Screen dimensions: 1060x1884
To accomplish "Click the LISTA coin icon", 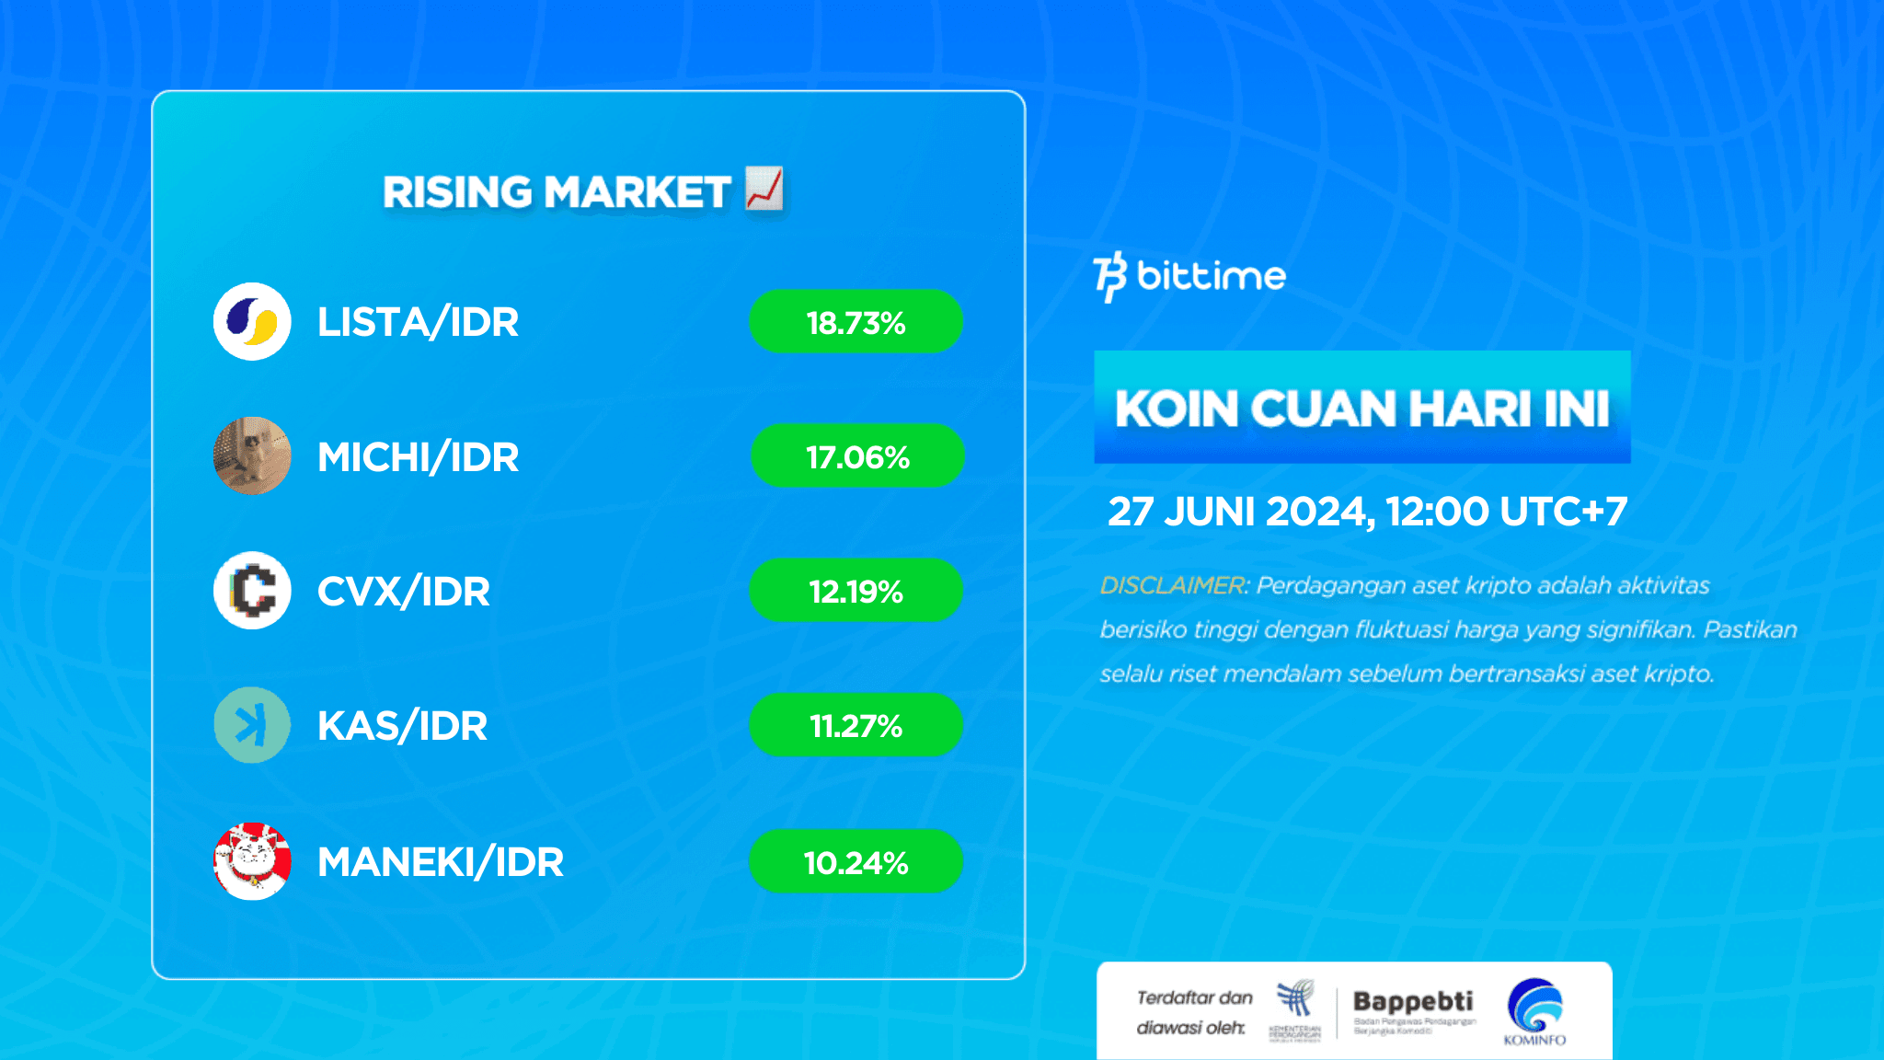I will [x=252, y=321].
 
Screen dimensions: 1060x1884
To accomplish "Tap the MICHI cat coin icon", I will [x=252, y=455].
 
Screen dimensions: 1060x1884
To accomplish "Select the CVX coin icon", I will [x=252, y=590].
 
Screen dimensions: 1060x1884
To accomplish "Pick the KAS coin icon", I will [x=252, y=725].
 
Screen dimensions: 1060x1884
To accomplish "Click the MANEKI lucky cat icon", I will [x=252, y=860].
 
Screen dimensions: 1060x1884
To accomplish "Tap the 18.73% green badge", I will [x=856, y=322].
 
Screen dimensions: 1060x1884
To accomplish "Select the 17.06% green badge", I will [x=857, y=456].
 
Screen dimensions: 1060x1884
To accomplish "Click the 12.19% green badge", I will [x=856, y=591].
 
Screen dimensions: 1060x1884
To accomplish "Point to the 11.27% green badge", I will [x=856, y=725].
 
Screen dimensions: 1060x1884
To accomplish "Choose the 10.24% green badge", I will [x=856, y=861].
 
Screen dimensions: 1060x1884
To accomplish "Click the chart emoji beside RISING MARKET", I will [x=764, y=189].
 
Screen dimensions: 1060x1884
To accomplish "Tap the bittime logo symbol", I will [x=1110, y=276].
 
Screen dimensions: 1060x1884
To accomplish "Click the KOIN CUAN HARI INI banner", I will [x=1361, y=408].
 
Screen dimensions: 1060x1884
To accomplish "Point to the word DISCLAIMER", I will [x=1171, y=585].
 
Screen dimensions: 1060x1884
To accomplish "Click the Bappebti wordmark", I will [x=1412, y=1001].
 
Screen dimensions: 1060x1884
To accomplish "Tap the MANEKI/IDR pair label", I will [x=440, y=862].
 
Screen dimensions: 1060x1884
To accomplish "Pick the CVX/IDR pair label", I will [x=403, y=592].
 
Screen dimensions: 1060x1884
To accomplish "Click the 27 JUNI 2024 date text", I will [x=1239, y=512].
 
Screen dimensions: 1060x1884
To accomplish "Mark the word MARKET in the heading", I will [x=637, y=192].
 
